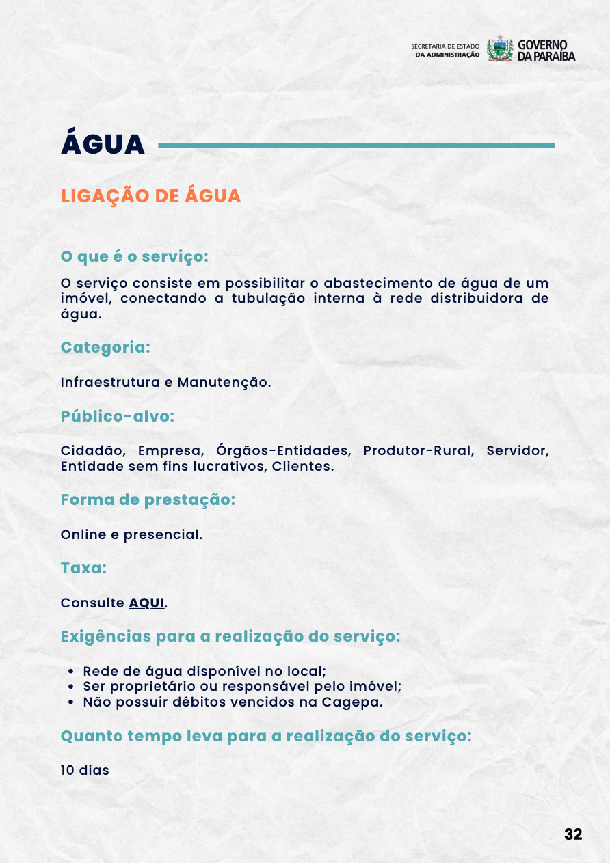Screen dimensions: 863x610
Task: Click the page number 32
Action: [x=573, y=834]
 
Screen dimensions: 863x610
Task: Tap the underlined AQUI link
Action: [x=146, y=603]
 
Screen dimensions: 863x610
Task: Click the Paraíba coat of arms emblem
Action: [x=500, y=50]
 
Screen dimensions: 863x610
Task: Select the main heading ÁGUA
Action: [x=103, y=144]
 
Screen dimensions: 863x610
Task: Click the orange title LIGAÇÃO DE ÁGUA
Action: [x=150, y=196]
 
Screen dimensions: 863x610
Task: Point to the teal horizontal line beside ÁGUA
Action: [x=356, y=145]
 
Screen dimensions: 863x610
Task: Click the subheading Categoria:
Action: [x=105, y=347]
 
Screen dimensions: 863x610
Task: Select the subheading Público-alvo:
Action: [x=118, y=416]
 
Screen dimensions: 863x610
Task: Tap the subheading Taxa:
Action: [x=83, y=568]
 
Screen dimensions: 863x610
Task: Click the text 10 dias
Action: [x=85, y=770]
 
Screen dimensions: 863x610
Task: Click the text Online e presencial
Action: [x=131, y=534]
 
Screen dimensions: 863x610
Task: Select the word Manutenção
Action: [x=223, y=382]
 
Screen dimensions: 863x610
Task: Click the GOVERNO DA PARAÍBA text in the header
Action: [x=546, y=50]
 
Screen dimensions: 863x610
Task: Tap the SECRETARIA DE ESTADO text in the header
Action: [x=445, y=46]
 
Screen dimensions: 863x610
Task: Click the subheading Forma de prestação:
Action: [x=148, y=499]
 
